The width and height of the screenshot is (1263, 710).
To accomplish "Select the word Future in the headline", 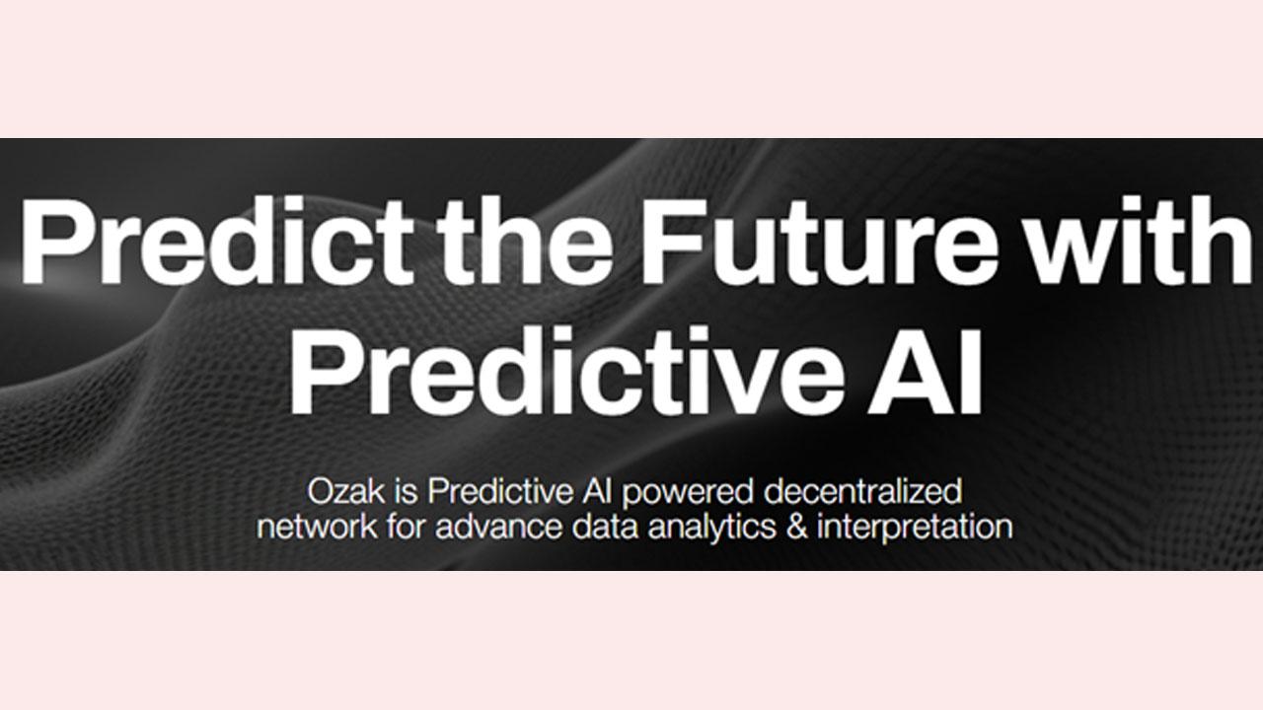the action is (x=820, y=242).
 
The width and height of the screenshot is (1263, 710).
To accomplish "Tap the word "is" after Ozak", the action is (x=407, y=491).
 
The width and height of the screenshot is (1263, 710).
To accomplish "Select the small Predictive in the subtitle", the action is (x=500, y=491).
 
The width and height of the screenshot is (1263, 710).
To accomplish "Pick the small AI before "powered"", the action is (x=598, y=491).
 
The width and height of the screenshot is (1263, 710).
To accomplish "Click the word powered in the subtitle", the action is (x=688, y=495).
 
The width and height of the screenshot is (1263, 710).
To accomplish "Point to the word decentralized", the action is (x=863, y=491).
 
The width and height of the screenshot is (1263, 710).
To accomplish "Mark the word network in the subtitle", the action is (x=318, y=527).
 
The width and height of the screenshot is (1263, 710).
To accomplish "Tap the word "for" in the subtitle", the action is (x=406, y=527).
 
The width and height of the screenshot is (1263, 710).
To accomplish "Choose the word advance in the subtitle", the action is (x=498, y=527).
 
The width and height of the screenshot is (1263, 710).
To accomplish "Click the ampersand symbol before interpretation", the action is (x=796, y=527).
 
